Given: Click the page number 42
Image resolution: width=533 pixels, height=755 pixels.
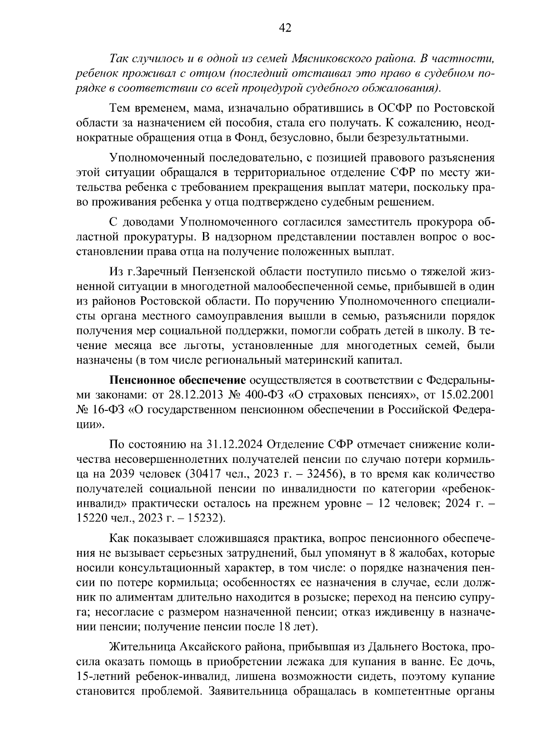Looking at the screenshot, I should click(285, 28).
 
